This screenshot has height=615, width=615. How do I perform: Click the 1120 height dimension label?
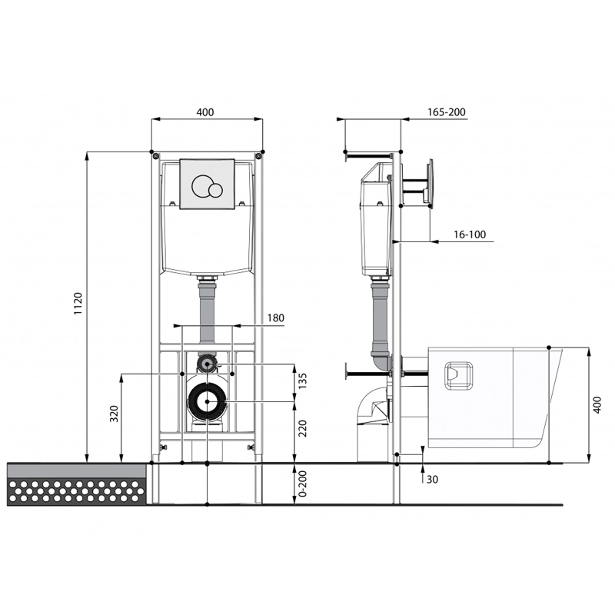78,303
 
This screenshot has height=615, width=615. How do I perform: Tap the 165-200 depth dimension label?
447,112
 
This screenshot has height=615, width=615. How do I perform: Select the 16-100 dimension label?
470,234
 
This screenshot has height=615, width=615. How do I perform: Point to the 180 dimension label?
276,317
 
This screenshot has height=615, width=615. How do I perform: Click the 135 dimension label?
302,381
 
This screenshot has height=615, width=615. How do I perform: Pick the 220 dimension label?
302,428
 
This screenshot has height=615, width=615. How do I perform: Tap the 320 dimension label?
114,414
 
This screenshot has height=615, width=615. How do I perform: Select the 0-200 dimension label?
302,484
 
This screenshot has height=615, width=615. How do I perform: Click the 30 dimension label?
432,479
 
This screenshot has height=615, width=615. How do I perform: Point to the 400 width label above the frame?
205,112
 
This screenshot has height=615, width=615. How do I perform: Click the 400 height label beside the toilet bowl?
597,405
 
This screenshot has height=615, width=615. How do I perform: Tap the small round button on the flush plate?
215,190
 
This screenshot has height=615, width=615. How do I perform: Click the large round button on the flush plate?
202,186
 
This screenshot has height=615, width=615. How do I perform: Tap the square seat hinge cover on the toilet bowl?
458,375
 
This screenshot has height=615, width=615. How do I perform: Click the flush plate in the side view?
430,183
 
